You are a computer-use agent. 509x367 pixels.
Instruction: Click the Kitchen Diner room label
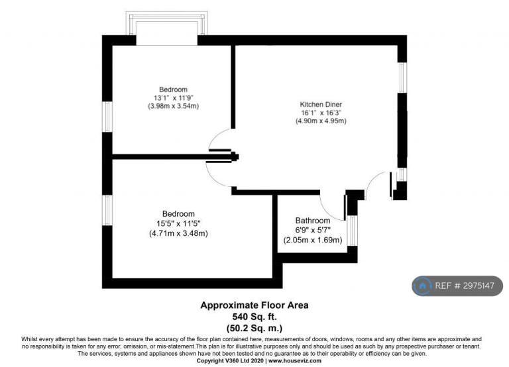pos(321,105)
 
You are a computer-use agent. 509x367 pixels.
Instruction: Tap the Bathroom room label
pos(313,221)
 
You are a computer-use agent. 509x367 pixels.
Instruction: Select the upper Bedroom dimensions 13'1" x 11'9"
pos(174,97)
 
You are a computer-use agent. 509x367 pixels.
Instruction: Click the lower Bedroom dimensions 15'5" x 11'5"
pos(178,223)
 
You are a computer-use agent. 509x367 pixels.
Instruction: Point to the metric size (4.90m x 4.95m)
pos(321,121)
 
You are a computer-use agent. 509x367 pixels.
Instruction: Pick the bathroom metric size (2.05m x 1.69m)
pos(313,240)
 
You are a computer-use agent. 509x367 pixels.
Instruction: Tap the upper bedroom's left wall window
pos(107,117)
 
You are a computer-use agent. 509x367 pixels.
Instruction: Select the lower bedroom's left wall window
pos(107,210)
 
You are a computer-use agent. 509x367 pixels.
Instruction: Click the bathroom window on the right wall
pos(352,231)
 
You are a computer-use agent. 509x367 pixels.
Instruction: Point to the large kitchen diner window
pos(402,78)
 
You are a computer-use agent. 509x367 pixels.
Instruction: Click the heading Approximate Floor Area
pos(254,305)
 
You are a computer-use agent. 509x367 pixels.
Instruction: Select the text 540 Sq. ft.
pos(254,317)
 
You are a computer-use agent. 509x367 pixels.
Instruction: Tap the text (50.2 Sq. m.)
pos(254,328)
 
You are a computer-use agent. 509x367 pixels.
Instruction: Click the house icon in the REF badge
pos(422,286)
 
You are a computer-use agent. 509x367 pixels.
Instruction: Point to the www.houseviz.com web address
pos(295,361)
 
